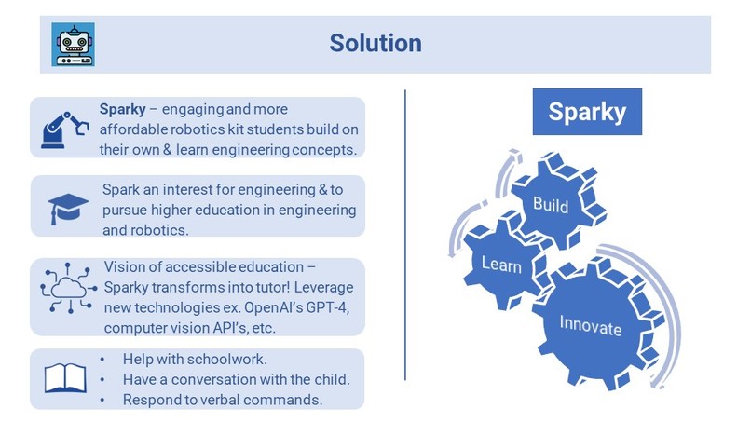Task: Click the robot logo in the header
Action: pos(73,44)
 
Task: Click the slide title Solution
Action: pos(375,43)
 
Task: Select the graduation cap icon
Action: pos(68,207)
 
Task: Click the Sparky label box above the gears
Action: pos(585,112)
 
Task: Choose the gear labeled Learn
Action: pos(501,265)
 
